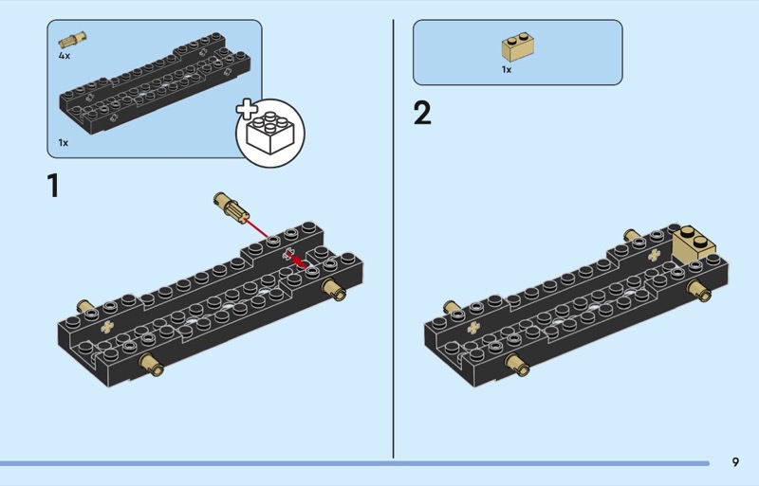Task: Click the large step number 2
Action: (422, 114)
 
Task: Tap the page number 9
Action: (735, 462)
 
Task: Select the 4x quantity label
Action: (64, 56)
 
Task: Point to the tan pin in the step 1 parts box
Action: (71, 41)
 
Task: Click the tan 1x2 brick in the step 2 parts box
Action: (516, 47)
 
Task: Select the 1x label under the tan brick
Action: (507, 69)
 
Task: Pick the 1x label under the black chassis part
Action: (64, 142)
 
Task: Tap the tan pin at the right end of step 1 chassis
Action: (334, 288)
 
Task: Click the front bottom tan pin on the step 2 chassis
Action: (517, 364)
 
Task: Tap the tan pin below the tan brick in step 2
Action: (700, 289)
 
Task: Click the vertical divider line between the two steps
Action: (393, 237)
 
